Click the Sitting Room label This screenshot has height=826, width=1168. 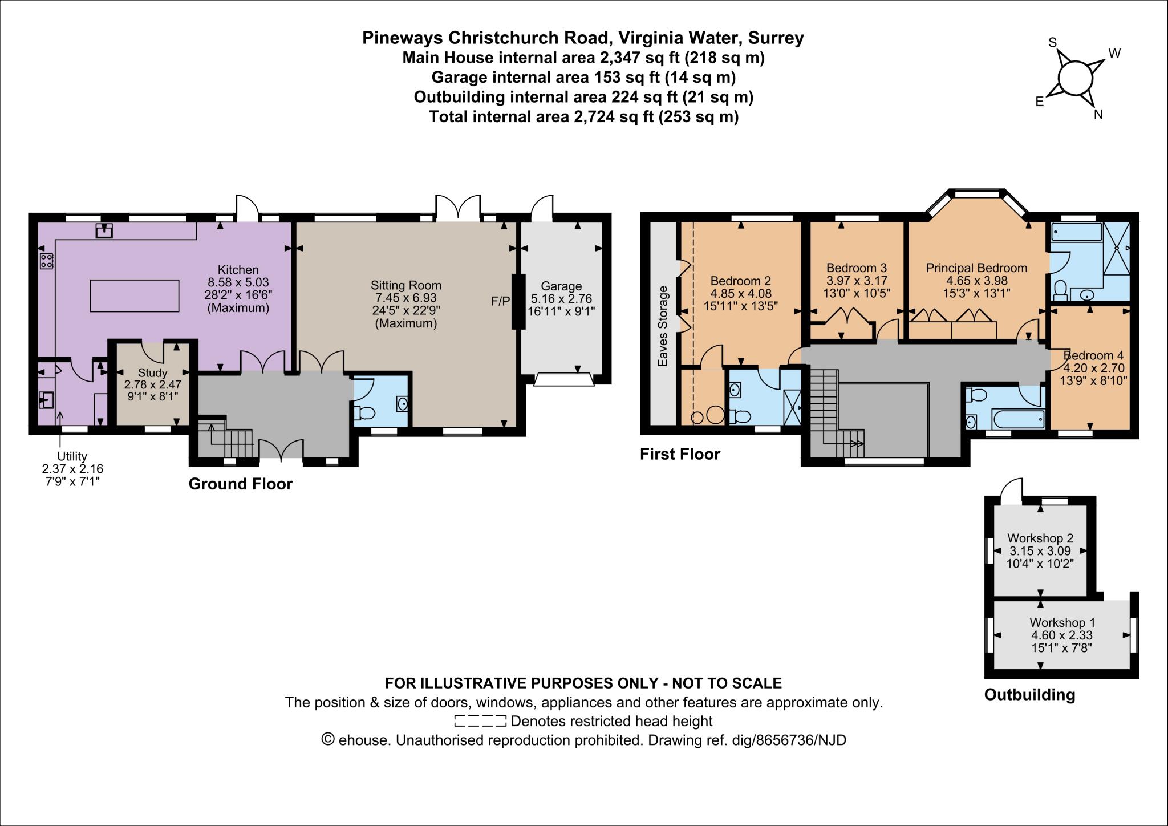[406, 285]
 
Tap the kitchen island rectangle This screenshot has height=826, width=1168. [135, 295]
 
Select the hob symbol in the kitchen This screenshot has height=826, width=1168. [46, 261]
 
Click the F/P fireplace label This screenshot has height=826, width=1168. [500, 301]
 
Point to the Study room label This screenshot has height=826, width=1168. [152, 373]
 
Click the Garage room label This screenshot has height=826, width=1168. [561, 286]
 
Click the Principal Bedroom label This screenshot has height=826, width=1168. [976, 268]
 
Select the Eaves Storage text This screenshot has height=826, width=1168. [662, 326]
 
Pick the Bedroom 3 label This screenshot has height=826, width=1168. [856, 268]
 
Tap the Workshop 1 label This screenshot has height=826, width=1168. [1062, 622]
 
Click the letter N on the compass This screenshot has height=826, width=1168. [1098, 115]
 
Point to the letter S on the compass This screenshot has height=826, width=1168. [1053, 43]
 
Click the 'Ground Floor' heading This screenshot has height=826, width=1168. [240, 484]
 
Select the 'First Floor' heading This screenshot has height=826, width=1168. [680, 454]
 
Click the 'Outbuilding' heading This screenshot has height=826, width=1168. [1029, 695]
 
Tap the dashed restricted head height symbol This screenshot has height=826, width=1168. [480, 721]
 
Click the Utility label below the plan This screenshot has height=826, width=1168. [72, 456]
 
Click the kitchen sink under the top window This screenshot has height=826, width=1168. [104, 230]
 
